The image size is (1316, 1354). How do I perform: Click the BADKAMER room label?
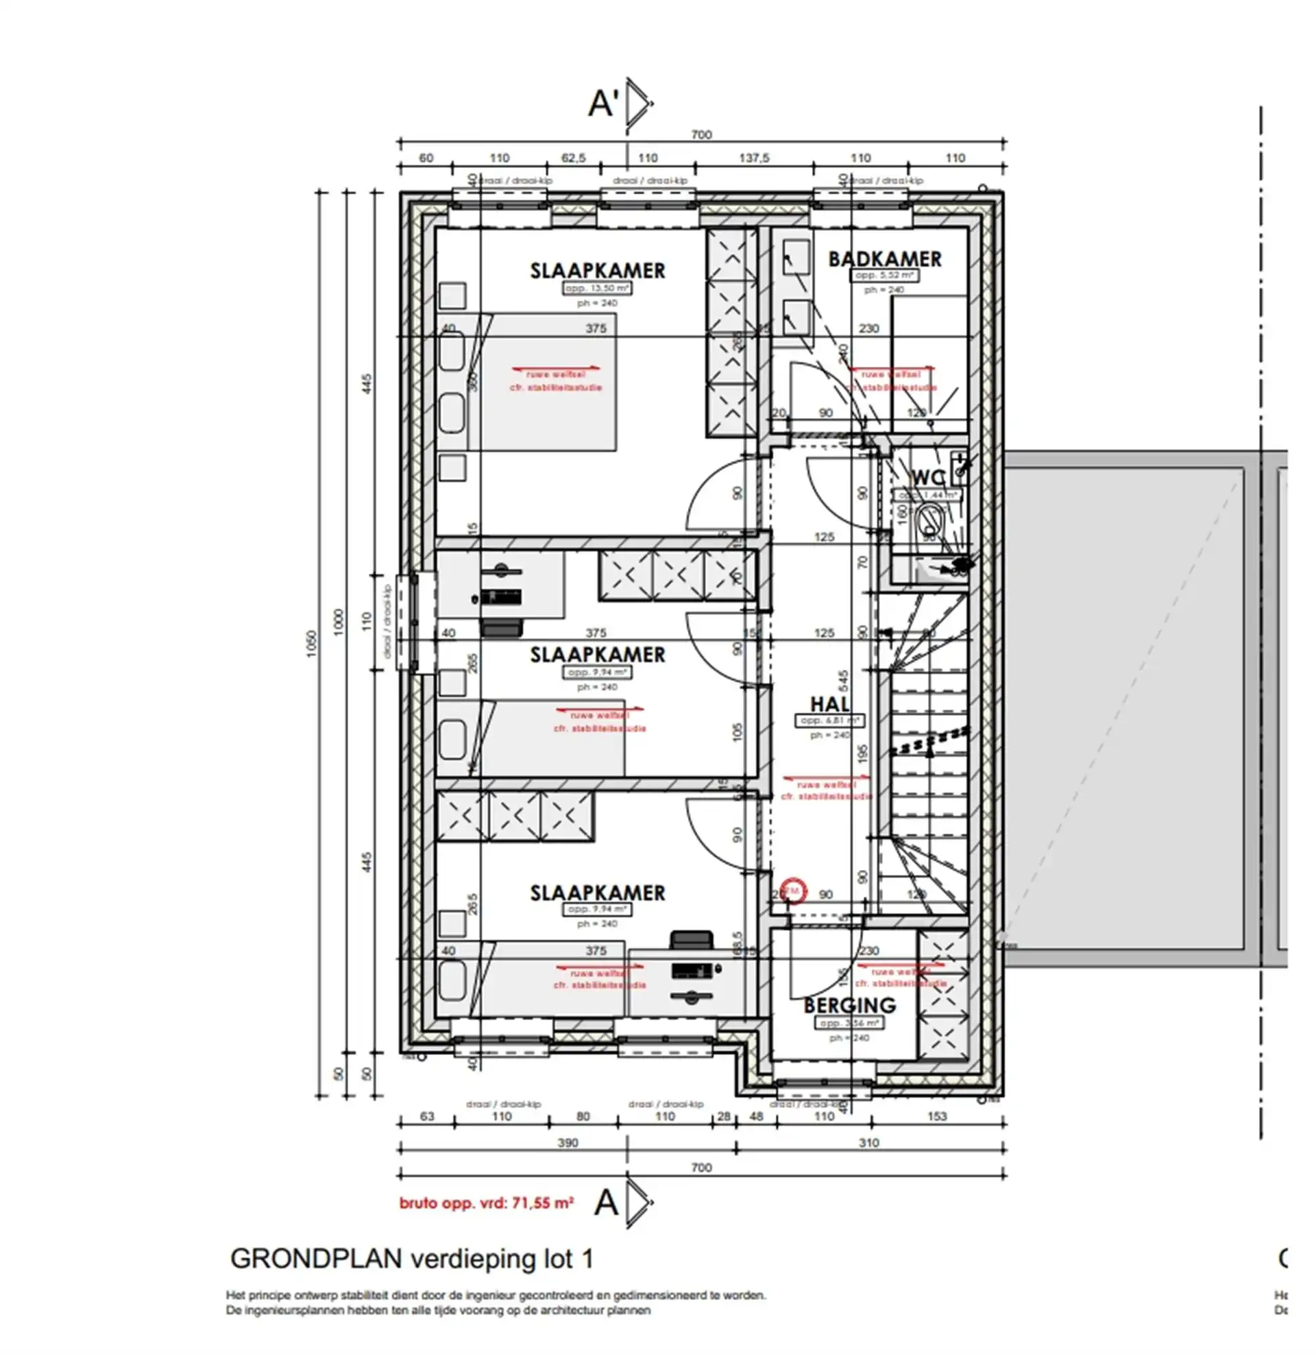tap(884, 259)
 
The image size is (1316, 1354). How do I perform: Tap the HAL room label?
tap(829, 703)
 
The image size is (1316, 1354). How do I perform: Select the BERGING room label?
tap(849, 1005)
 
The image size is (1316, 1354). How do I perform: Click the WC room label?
tap(927, 478)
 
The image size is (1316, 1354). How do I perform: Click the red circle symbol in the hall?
tap(793, 891)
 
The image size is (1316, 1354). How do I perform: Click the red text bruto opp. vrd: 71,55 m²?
tap(486, 1203)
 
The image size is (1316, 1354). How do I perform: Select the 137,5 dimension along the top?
tap(753, 158)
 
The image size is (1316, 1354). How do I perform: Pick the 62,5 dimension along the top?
tap(573, 158)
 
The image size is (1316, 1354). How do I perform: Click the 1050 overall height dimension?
tap(311, 643)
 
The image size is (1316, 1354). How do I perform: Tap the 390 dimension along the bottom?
tap(568, 1143)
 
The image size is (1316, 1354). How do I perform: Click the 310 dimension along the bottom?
tap(868, 1143)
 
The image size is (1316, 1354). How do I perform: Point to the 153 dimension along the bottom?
tap(936, 1116)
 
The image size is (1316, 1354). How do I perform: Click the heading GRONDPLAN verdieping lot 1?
tap(411, 1259)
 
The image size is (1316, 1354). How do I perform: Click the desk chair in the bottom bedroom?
tap(691, 940)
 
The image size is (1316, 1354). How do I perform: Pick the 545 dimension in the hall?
tap(842, 681)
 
